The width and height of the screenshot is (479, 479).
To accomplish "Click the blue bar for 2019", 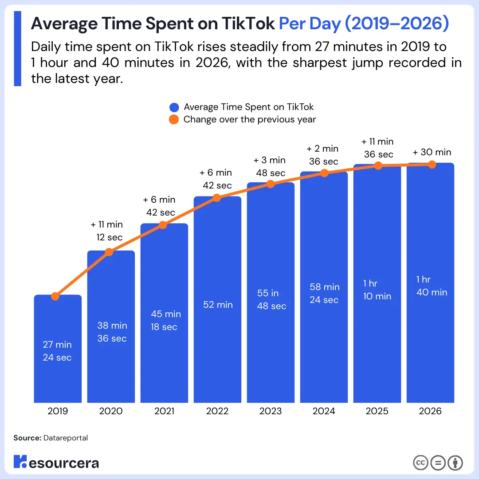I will [x=58, y=348].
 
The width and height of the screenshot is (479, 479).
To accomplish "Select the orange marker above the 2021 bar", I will [x=163, y=225].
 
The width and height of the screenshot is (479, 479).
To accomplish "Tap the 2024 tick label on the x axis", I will [x=324, y=411].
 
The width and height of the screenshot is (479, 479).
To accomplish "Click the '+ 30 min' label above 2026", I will [x=432, y=152].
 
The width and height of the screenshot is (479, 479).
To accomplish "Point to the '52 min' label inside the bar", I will [x=217, y=305].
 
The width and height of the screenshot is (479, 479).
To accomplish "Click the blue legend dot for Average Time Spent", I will [x=174, y=107].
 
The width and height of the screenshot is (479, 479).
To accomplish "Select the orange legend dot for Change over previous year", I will [x=174, y=120].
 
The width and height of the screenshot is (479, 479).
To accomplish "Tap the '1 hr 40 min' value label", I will [x=432, y=286].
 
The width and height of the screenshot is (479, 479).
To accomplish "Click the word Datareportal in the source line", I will [x=66, y=438].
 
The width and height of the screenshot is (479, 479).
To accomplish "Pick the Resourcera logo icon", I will [x=20, y=462].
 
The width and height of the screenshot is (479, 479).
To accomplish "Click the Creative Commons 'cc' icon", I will [x=420, y=463].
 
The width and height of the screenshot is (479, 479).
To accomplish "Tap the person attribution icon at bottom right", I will [x=455, y=463].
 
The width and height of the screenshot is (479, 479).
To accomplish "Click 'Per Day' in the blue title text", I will [x=310, y=24].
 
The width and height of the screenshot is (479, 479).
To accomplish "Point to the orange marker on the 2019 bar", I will [x=55, y=296].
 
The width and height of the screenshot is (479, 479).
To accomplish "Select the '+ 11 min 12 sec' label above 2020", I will [x=107, y=231].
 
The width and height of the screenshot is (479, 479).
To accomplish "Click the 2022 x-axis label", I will [x=217, y=411].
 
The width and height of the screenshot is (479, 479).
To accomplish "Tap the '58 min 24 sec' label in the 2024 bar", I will [x=324, y=294].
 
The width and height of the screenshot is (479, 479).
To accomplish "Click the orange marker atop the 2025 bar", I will [x=378, y=165].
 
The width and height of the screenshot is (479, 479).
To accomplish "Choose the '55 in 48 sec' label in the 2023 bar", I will [x=271, y=300].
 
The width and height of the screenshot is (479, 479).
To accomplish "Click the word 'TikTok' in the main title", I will [x=249, y=24].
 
